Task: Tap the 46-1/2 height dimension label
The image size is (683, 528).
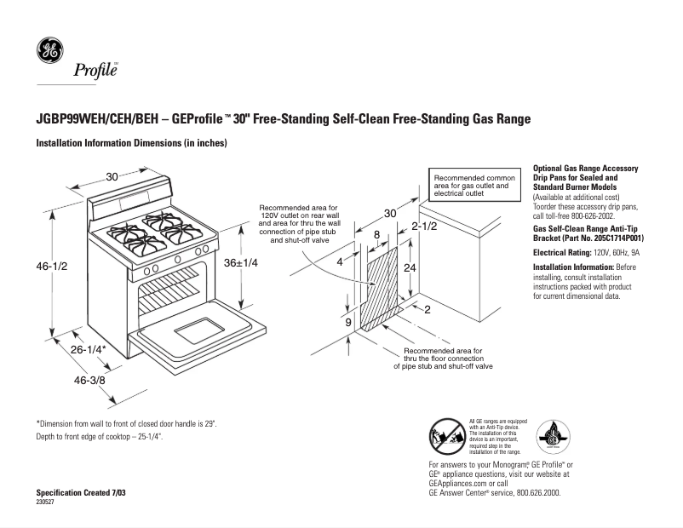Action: pos(51,267)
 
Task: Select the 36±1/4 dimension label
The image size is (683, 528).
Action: pos(241,264)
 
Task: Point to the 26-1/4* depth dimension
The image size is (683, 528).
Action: pos(88,349)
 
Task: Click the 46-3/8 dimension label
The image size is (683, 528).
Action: pos(88,381)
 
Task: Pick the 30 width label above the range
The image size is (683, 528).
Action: pos(112,177)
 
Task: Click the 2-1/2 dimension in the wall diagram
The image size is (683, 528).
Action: pos(423,227)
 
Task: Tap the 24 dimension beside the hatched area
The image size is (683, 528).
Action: pos(410,267)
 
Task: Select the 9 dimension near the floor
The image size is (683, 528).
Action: pos(347,324)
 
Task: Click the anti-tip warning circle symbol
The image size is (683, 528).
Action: pos(446,439)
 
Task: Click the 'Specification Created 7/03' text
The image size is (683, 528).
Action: pos(84,494)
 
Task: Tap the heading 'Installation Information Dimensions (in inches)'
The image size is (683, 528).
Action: pos(131,143)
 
